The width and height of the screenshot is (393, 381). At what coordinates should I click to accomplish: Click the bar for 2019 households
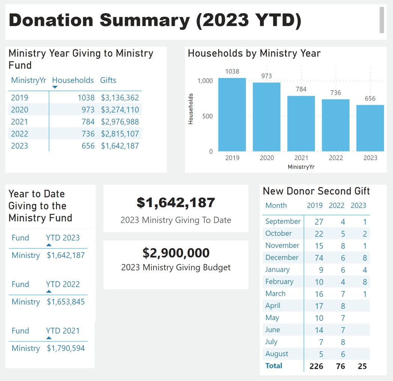(x=232, y=114)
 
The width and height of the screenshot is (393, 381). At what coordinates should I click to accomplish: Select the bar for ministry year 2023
(x=370, y=128)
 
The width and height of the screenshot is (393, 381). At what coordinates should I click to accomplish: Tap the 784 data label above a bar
(x=301, y=89)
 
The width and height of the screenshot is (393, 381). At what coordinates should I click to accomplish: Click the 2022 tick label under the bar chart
(x=336, y=158)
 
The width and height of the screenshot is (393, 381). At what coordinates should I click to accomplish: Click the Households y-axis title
(x=190, y=109)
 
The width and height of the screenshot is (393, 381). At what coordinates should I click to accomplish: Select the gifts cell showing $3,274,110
(x=120, y=110)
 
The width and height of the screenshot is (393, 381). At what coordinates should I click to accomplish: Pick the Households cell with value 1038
(x=86, y=98)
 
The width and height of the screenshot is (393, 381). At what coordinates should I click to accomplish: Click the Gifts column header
(x=108, y=80)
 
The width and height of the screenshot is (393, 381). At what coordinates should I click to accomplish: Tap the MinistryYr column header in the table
(x=28, y=80)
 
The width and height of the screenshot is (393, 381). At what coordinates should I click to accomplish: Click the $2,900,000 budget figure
(x=176, y=253)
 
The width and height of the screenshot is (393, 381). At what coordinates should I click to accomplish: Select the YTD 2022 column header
(x=63, y=284)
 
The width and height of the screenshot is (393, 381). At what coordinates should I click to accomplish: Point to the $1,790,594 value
(x=66, y=348)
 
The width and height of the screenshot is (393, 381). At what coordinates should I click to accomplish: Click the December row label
(x=282, y=258)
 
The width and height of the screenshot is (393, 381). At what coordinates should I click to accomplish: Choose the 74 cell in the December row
(x=319, y=258)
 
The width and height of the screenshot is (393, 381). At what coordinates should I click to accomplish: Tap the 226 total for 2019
(x=316, y=366)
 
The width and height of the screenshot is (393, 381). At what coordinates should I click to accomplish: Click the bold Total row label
(x=274, y=366)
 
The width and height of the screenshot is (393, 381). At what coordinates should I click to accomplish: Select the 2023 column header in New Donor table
(x=358, y=205)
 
